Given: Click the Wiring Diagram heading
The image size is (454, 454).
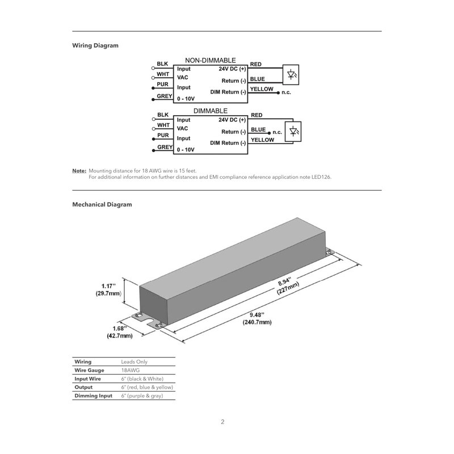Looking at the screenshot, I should (x=95, y=45).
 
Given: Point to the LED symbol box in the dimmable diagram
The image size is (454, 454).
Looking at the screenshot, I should (x=293, y=131).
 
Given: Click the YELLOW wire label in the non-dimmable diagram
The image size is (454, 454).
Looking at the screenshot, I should (x=262, y=89).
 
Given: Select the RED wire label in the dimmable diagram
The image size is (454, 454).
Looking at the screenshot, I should (x=256, y=115).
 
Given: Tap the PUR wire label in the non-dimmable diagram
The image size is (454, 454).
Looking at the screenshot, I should (x=162, y=83).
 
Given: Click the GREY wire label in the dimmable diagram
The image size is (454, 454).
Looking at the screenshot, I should (x=165, y=147).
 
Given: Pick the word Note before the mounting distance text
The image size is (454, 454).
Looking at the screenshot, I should (x=79, y=170).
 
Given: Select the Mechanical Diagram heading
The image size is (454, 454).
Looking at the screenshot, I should (x=102, y=204).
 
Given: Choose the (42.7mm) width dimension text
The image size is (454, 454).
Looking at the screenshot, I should (x=120, y=336).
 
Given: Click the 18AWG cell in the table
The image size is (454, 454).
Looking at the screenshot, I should (x=131, y=369).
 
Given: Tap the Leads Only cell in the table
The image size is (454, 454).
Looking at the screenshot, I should (x=134, y=361).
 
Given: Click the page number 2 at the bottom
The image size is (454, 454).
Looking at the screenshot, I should (x=223, y=422).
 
